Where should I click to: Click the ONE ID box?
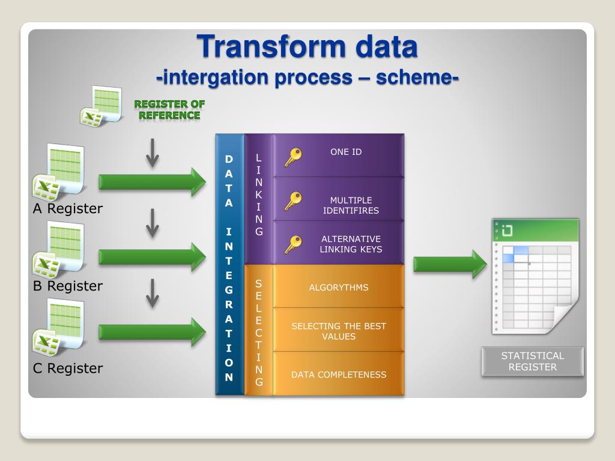339,155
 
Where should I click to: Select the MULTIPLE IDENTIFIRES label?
351,205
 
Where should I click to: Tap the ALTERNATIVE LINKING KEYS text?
351,244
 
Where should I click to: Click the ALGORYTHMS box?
339,286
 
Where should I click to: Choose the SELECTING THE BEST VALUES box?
339,330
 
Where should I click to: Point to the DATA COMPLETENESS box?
339,373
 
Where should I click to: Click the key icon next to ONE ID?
293,157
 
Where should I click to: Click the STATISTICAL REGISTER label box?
532,361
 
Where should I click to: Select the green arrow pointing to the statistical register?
450,264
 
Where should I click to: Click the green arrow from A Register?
152,182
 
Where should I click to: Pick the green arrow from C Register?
152,332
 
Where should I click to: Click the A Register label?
68,208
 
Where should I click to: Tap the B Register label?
68,286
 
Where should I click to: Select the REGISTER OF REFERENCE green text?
169,110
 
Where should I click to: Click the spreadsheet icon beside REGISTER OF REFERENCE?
101,106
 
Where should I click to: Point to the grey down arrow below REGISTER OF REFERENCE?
153,153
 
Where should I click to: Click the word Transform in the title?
272,46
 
